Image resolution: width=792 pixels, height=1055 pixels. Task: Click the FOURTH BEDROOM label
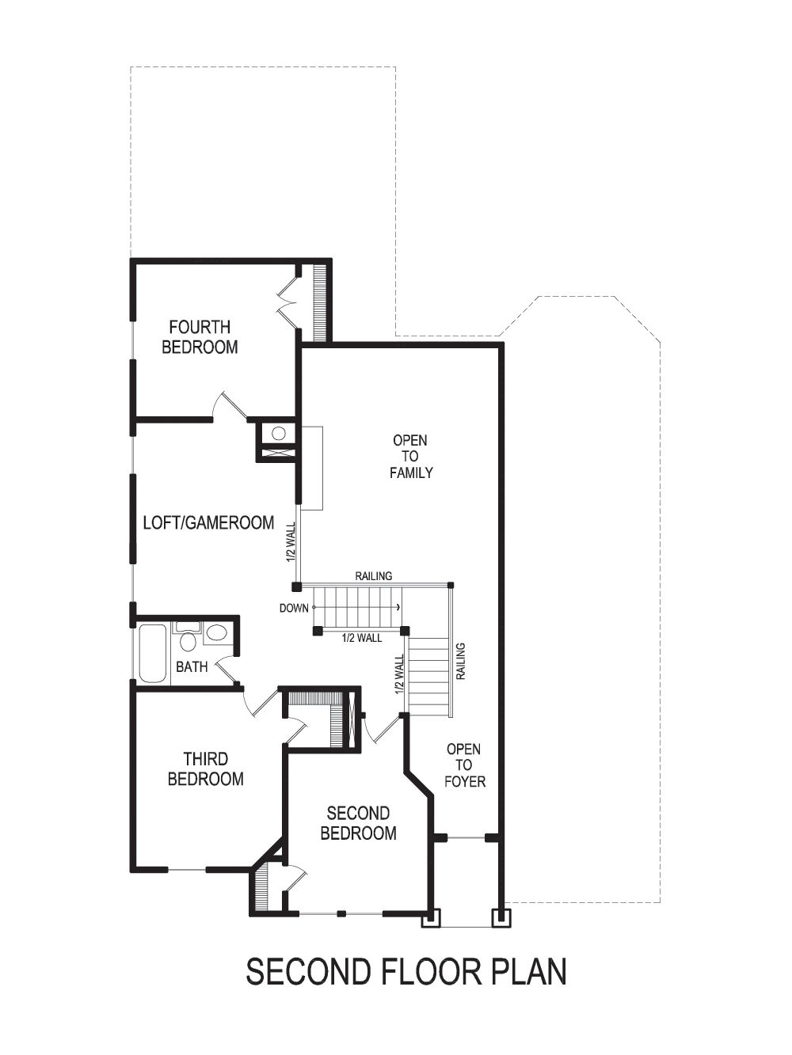200,337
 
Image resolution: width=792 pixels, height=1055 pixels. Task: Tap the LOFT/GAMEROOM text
208,522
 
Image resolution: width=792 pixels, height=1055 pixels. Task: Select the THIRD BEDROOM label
205,769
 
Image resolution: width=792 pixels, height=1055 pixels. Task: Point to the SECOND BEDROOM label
358,823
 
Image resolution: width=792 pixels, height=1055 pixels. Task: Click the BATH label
192,667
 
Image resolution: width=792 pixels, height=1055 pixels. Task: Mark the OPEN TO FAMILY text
410,457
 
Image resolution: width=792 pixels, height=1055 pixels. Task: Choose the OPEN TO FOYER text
463,765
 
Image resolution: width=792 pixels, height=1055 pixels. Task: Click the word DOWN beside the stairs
294,609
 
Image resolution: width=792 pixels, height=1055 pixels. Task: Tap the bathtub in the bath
153,654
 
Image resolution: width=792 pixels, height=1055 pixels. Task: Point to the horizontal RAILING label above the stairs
374,576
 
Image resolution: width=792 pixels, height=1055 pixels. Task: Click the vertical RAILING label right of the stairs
461,662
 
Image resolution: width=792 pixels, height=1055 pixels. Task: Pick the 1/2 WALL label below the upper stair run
361,638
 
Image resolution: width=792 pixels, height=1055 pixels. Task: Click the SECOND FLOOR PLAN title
406,972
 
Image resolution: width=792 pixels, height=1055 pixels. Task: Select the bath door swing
227,670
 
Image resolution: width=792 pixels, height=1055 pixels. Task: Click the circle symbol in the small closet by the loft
278,433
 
